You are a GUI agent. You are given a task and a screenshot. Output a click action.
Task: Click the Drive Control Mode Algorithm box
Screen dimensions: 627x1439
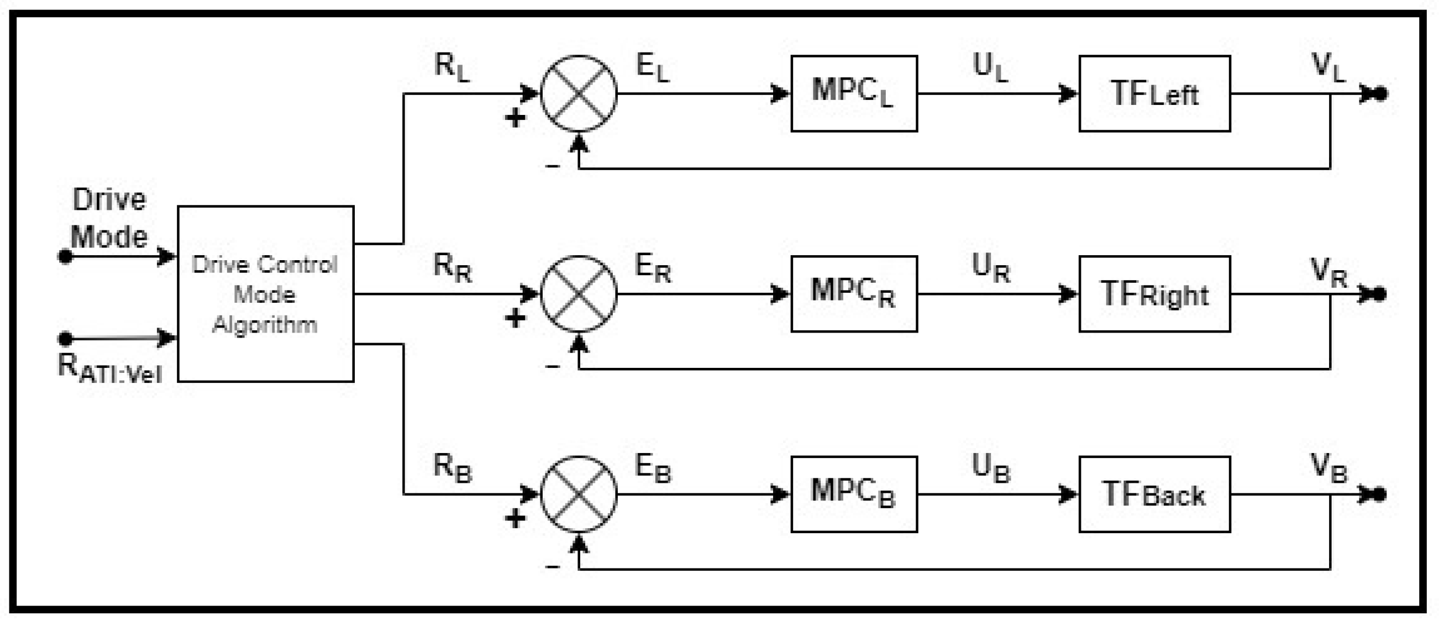tap(265, 294)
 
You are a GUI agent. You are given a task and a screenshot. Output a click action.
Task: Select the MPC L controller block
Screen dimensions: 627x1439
tap(854, 93)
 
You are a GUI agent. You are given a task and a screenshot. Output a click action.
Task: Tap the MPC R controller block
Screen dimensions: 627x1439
tap(854, 294)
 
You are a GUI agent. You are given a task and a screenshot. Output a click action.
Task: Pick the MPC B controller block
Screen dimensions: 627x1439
tap(854, 494)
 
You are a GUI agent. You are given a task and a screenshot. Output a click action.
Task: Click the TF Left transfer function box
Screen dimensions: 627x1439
tap(1154, 93)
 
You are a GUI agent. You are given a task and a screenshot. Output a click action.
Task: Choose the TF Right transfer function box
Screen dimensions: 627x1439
tap(1154, 294)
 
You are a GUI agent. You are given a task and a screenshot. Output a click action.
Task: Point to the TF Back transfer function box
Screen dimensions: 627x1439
tap(1154, 494)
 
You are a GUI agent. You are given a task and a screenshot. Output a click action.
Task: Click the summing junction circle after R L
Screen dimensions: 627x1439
tap(579, 93)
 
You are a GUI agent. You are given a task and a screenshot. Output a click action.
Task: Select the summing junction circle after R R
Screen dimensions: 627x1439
tap(579, 294)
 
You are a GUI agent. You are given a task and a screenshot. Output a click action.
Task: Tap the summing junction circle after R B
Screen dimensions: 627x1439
tap(579, 494)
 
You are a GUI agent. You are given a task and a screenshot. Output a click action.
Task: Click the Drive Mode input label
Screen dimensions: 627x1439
tap(109, 218)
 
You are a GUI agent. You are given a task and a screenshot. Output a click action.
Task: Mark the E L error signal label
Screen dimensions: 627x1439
tap(653, 67)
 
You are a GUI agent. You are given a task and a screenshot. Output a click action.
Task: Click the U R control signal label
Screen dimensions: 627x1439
tap(990, 268)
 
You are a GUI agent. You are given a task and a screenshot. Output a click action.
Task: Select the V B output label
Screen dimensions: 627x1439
tap(1328, 468)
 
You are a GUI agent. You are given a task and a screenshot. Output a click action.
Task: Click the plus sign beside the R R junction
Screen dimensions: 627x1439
tap(515, 318)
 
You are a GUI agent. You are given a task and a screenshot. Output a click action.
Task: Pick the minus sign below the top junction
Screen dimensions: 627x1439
tap(552, 166)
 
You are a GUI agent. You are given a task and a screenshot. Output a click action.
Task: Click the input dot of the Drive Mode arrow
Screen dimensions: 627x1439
tap(65, 256)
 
